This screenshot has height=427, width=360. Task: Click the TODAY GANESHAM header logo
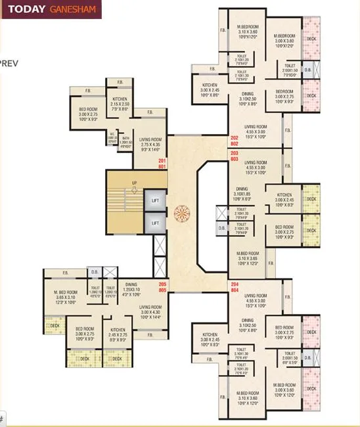51,9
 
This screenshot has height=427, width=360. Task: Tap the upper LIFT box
155,200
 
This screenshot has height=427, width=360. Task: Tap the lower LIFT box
155,223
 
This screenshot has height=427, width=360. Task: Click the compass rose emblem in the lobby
180,212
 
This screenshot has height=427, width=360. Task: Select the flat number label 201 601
163,164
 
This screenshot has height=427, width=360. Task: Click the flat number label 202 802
235,140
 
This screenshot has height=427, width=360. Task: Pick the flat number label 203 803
235,156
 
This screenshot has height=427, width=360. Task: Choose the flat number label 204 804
235,286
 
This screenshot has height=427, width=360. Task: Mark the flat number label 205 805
162,286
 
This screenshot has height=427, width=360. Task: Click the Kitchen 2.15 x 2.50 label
120,105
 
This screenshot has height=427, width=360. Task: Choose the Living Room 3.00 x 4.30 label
150,311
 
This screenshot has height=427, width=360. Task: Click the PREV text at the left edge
9,64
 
